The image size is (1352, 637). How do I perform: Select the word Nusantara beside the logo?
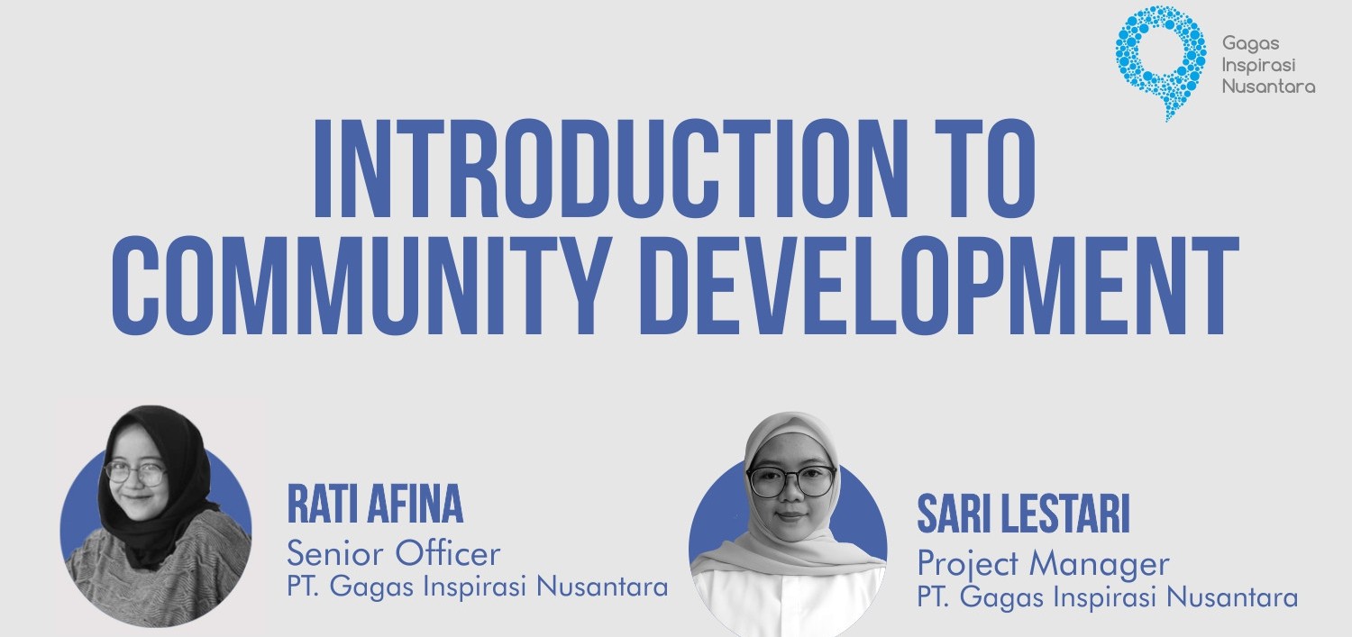(1268, 86)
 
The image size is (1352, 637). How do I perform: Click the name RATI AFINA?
(375, 504)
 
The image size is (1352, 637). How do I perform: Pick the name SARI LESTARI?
(1023, 514)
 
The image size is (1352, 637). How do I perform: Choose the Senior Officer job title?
(394, 553)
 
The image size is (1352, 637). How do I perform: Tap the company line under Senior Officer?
(477, 587)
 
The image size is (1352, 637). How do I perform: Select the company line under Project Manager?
(1108, 597)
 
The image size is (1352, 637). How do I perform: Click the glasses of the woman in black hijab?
(136, 474)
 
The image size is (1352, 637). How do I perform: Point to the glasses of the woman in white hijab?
(790, 481)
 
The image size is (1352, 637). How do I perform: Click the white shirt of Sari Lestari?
(788, 604)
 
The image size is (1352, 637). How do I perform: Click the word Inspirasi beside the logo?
(1258, 66)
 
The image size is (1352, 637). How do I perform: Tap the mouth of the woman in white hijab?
(790, 516)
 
